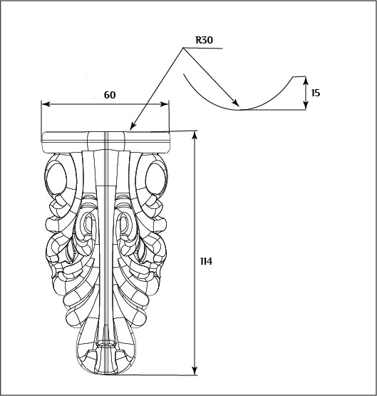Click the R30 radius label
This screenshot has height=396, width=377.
tap(205, 40)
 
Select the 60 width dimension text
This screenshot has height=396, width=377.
tap(110, 95)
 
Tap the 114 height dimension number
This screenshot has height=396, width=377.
tap(206, 261)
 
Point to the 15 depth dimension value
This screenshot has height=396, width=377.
tap(316, 93)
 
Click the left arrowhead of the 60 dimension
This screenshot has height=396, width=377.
tap(46, 104)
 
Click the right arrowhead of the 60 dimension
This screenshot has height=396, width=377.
tap(164, 104)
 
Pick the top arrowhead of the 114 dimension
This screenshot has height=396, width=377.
tap(195, 135)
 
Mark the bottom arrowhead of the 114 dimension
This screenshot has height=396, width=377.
tap(195, 371)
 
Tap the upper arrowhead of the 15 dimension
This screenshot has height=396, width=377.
tap(306, 81)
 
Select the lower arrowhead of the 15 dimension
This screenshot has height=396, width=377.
tap(306, 106)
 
